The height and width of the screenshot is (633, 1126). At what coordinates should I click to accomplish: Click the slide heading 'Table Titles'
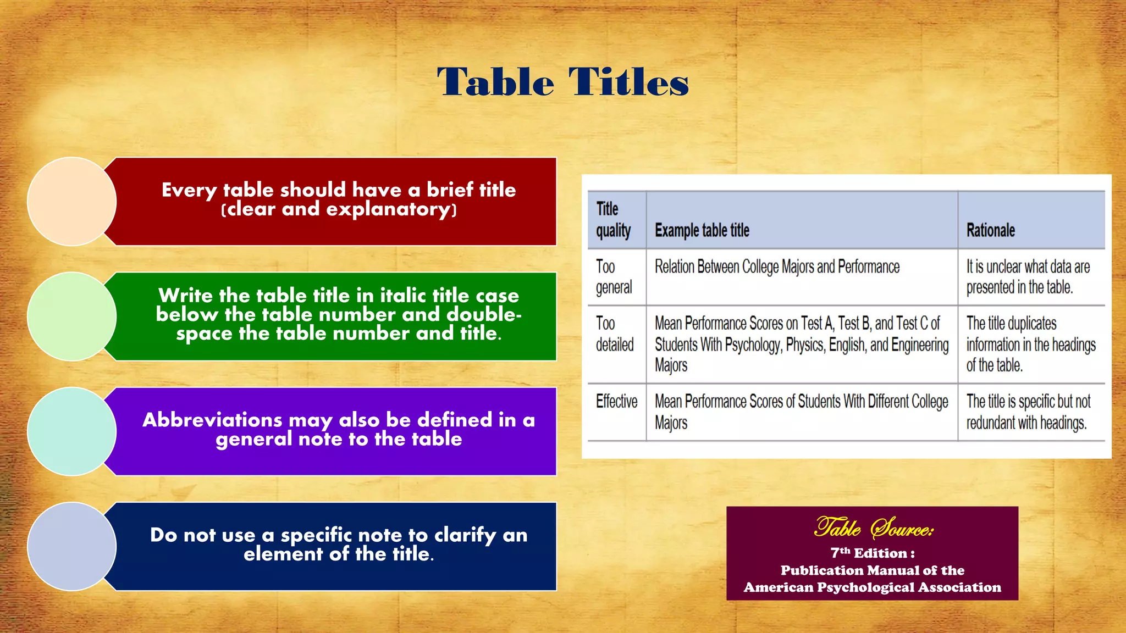(562, 82)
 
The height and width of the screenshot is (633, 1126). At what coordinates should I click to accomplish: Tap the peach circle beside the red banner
(71, 201)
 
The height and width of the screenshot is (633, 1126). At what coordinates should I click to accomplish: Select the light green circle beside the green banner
(71, 316)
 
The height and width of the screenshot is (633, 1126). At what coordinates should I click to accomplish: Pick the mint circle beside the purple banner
(71, 431)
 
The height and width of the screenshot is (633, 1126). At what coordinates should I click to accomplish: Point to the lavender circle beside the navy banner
(71, 546)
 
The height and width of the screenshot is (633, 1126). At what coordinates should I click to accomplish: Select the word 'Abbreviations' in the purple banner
(212, 420)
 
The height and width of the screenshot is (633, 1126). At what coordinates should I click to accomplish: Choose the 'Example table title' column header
(702, 230)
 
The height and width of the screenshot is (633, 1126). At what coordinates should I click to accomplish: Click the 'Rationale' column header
(990, 230)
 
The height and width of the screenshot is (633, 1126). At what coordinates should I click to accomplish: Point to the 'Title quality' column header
(613, 220)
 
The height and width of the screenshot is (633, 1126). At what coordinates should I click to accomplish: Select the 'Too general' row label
(614, 277)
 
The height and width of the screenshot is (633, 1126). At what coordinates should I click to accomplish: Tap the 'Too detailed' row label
(615, 334)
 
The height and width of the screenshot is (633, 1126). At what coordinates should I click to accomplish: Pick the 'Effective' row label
(616, 402)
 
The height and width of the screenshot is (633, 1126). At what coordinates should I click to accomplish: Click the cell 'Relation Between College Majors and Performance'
(777, 267)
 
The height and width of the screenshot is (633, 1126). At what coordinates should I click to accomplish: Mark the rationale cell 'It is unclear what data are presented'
(1027, 277)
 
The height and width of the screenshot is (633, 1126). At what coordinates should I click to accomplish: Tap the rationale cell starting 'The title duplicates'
(1030, 344)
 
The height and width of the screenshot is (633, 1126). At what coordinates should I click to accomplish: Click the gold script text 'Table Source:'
(873, 528)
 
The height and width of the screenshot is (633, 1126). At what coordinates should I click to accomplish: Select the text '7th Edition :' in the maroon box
(873, 553)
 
